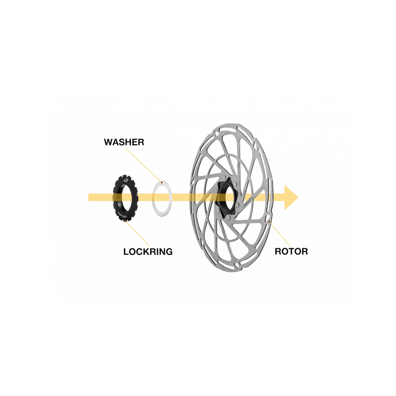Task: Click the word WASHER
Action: click(124, 142)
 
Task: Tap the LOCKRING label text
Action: click(148, 251)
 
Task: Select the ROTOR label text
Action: click(291, 251)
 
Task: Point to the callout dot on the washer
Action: click(161, 181)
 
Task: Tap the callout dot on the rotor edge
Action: click(270, 222)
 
